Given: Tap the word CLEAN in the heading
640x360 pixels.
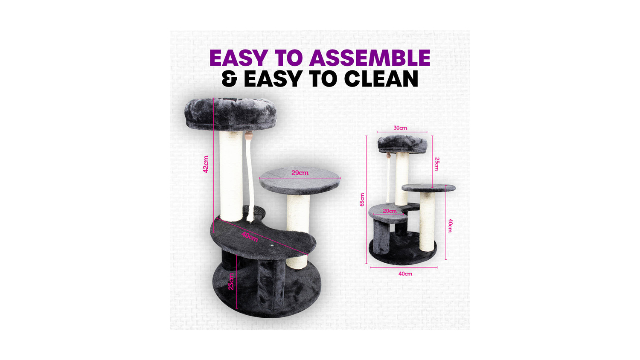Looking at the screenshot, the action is click(x=381, y=78).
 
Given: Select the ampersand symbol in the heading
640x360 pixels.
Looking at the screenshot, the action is click(x=230, y=78).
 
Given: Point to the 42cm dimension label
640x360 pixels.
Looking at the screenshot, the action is click(x=206, y=164).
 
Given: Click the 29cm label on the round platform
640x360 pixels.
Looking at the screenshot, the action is click(x=300, y=173).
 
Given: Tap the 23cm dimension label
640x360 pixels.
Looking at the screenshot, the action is click(x=231, y=282).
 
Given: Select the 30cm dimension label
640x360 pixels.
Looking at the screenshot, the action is click(x=400, y=128).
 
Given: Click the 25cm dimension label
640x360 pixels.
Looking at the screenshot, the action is click(x=436, y=164).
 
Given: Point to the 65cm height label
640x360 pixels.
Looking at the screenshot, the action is click(x=362, y=200).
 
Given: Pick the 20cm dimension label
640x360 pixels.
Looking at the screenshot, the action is click(x=390, y=211).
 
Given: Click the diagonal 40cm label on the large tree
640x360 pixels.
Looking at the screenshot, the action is click(x=250, y=237).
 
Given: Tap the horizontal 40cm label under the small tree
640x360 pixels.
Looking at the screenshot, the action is click(x=405, y=274).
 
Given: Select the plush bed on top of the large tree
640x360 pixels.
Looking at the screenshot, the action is click(x=230, y=114).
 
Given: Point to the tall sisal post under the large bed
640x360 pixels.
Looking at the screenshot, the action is click(x=231, y=176).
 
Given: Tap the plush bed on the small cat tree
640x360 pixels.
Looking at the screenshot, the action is click(x=402, y=144).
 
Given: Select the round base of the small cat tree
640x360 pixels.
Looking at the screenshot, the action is click(x=403, y=248).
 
